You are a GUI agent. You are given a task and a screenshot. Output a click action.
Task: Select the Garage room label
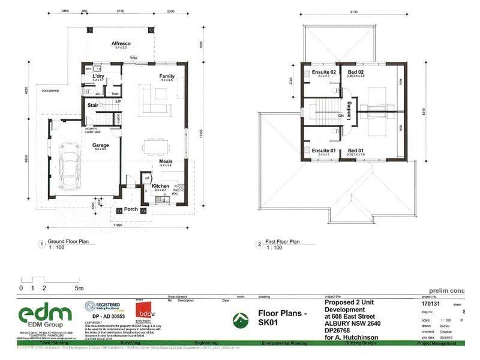click(x=100, y=145)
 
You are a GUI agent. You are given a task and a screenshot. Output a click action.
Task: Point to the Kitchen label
click(x=160, y=187)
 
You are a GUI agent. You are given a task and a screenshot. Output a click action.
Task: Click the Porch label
click(x=131, y=209)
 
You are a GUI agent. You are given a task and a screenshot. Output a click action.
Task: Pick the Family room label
click(x=167, y=76)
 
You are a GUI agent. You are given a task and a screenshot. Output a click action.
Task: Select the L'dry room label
click(x=98, y=77)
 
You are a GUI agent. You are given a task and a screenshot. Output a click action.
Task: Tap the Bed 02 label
click(x=356, y=73)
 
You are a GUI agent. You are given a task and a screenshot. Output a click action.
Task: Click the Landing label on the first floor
click(x=349, y=112)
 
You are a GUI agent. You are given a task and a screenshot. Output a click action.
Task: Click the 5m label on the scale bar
click(x=79, y=288)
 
